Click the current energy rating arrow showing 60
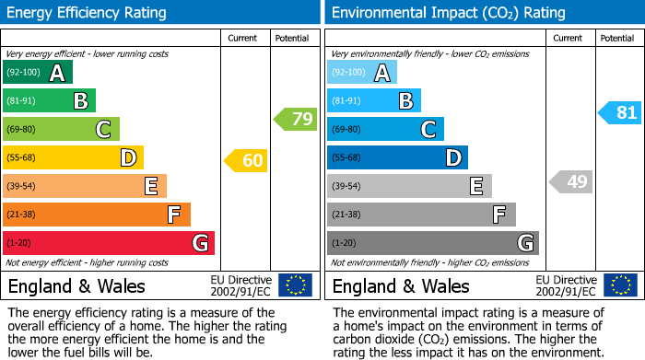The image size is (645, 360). (x=246, y=161)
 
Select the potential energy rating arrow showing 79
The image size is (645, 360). (x=296, y=119)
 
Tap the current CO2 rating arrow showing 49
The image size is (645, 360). (x=570, y=181)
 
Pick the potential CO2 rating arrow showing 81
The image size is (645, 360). (x=619, y=113)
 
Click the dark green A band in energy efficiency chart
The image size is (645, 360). (x=38, y=72)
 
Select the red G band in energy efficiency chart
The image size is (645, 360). (x=109, y=243)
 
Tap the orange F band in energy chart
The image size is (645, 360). (x=97, y=215)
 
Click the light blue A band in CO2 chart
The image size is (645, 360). (x=362, y=72)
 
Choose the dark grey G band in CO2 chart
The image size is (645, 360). (x=433, y=243)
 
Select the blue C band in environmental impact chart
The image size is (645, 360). (x=385, y=129)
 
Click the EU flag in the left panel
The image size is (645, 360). (x=295, y=285)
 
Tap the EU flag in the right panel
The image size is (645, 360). (x=622, y=285)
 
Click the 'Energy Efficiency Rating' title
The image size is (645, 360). (x=88, y=13)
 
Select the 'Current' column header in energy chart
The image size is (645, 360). (x=242, y=38)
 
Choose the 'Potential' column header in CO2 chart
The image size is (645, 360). (x=617, y=38)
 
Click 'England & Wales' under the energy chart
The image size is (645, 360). (x=76, y=285)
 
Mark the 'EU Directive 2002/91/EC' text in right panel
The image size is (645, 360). (x=565, y=285)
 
